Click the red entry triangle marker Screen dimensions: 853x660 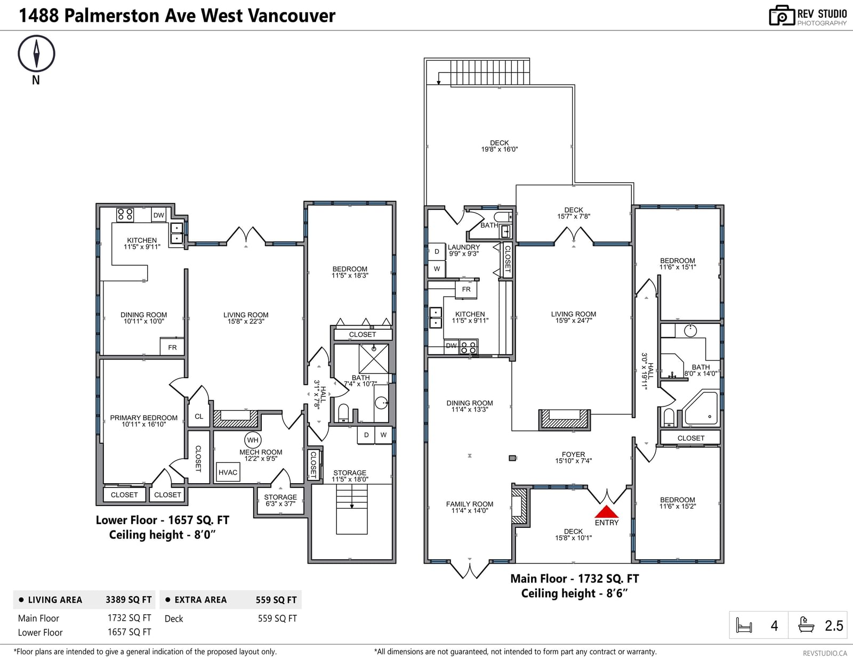point(607,511)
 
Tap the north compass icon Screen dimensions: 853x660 point(36,53)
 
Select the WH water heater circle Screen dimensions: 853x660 point(253,439)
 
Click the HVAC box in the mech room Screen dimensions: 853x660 point(228,472)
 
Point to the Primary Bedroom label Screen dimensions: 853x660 point(143,418)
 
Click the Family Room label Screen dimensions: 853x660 point(470,504)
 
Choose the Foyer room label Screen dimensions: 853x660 point(573,454)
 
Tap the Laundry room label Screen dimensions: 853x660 point(464,247)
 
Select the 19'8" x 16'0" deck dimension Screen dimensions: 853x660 point(500,149)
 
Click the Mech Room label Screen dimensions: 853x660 point(261,452)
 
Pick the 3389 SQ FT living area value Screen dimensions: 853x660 point(128,600)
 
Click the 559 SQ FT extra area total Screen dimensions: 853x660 point(276,600)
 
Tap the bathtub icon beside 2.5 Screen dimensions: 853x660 point(806,625)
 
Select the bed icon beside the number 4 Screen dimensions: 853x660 point(744,625)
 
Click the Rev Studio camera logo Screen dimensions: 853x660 point(782,15)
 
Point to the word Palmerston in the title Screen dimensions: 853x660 point(112,15)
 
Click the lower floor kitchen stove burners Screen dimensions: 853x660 point(125,215)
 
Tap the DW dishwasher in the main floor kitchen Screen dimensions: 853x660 point(452,346)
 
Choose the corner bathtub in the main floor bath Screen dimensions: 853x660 point(701,409)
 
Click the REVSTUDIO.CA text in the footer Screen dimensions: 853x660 point(825,653)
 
